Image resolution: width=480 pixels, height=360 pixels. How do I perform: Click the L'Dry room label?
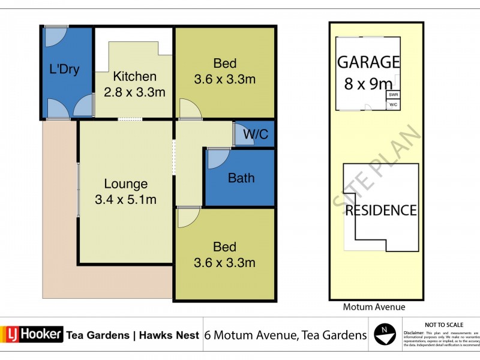coord(64,69)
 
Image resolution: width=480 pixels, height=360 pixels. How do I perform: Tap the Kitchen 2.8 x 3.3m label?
coord(134,84)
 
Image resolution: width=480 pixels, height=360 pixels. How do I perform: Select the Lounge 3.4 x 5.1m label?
coord(125,191)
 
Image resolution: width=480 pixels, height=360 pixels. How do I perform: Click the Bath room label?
coord(241,178)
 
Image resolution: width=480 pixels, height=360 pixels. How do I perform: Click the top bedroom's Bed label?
coord(224,71)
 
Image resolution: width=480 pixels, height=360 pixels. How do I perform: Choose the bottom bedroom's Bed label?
coord(224,254)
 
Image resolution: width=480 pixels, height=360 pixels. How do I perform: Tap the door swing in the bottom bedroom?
coord(188,217)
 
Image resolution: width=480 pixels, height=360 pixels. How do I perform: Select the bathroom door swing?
coord(217,159)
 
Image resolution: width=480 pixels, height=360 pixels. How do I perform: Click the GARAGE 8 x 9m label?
coord(368,71)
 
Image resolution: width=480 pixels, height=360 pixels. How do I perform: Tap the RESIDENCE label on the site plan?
coord(380,210)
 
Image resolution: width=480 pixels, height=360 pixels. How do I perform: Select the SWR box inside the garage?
coord(393,95)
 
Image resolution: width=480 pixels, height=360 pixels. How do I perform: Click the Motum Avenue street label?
coord(374,307)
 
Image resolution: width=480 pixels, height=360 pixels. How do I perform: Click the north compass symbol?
coord(385,334)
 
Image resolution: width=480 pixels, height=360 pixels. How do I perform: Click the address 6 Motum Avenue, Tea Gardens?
coord(286,335)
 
